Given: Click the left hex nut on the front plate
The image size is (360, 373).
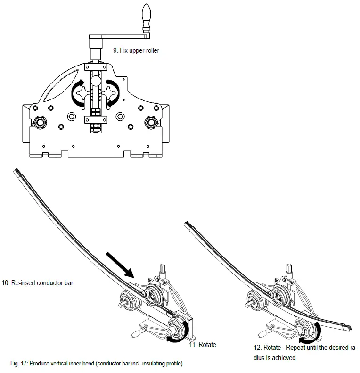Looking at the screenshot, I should click(39, 123).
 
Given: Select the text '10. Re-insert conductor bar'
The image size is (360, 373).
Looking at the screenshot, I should click(38, 283).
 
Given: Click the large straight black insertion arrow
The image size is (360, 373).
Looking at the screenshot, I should click(121, 265).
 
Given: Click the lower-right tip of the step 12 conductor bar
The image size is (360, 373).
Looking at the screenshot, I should click(351, 326).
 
